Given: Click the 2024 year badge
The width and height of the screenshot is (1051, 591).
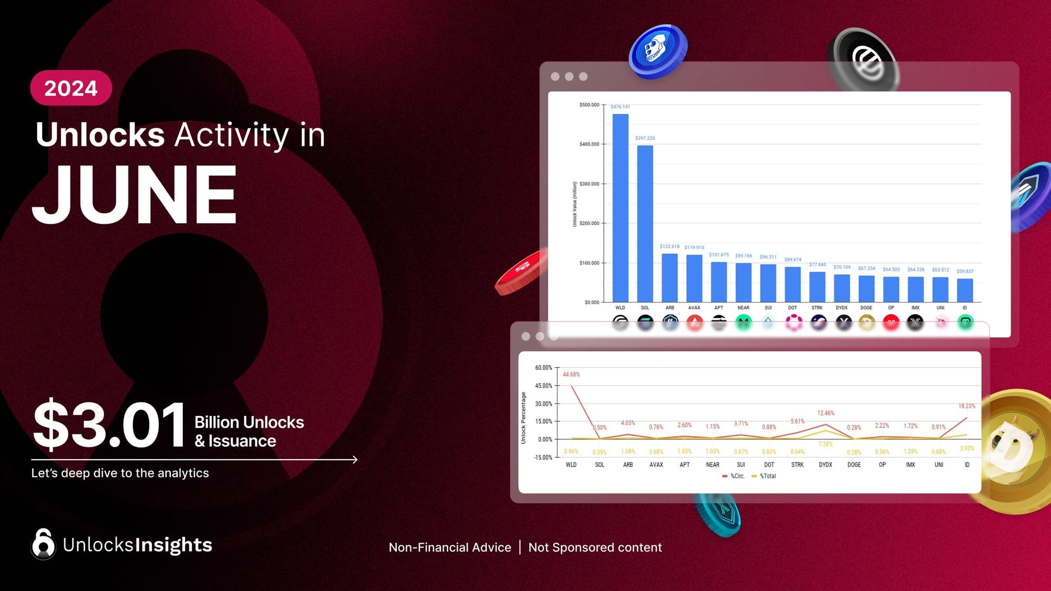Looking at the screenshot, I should (71, 88).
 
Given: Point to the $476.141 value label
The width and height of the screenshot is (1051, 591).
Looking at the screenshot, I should (620, 107).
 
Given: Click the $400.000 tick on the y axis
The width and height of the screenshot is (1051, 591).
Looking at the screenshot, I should (589, 144).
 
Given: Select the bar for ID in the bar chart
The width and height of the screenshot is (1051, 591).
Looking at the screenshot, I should (965, 290).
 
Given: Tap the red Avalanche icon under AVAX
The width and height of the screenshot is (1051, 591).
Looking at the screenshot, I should (695, 322).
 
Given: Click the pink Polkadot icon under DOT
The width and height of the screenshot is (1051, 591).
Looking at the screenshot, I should (794, 322).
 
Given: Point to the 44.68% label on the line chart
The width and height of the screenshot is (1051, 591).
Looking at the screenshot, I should (571, 375).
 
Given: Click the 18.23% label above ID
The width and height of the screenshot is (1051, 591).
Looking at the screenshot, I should (966, 406).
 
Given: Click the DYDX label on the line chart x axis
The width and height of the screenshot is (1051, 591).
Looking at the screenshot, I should (826, 465).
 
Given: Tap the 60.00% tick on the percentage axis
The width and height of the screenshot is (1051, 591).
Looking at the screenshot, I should (543, 368).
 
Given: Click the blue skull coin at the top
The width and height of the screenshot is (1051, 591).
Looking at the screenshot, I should (657, 51).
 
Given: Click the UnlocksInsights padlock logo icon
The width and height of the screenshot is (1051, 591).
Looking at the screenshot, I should (43, 544).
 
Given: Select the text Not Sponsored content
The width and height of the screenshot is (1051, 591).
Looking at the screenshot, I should (595, 547).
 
